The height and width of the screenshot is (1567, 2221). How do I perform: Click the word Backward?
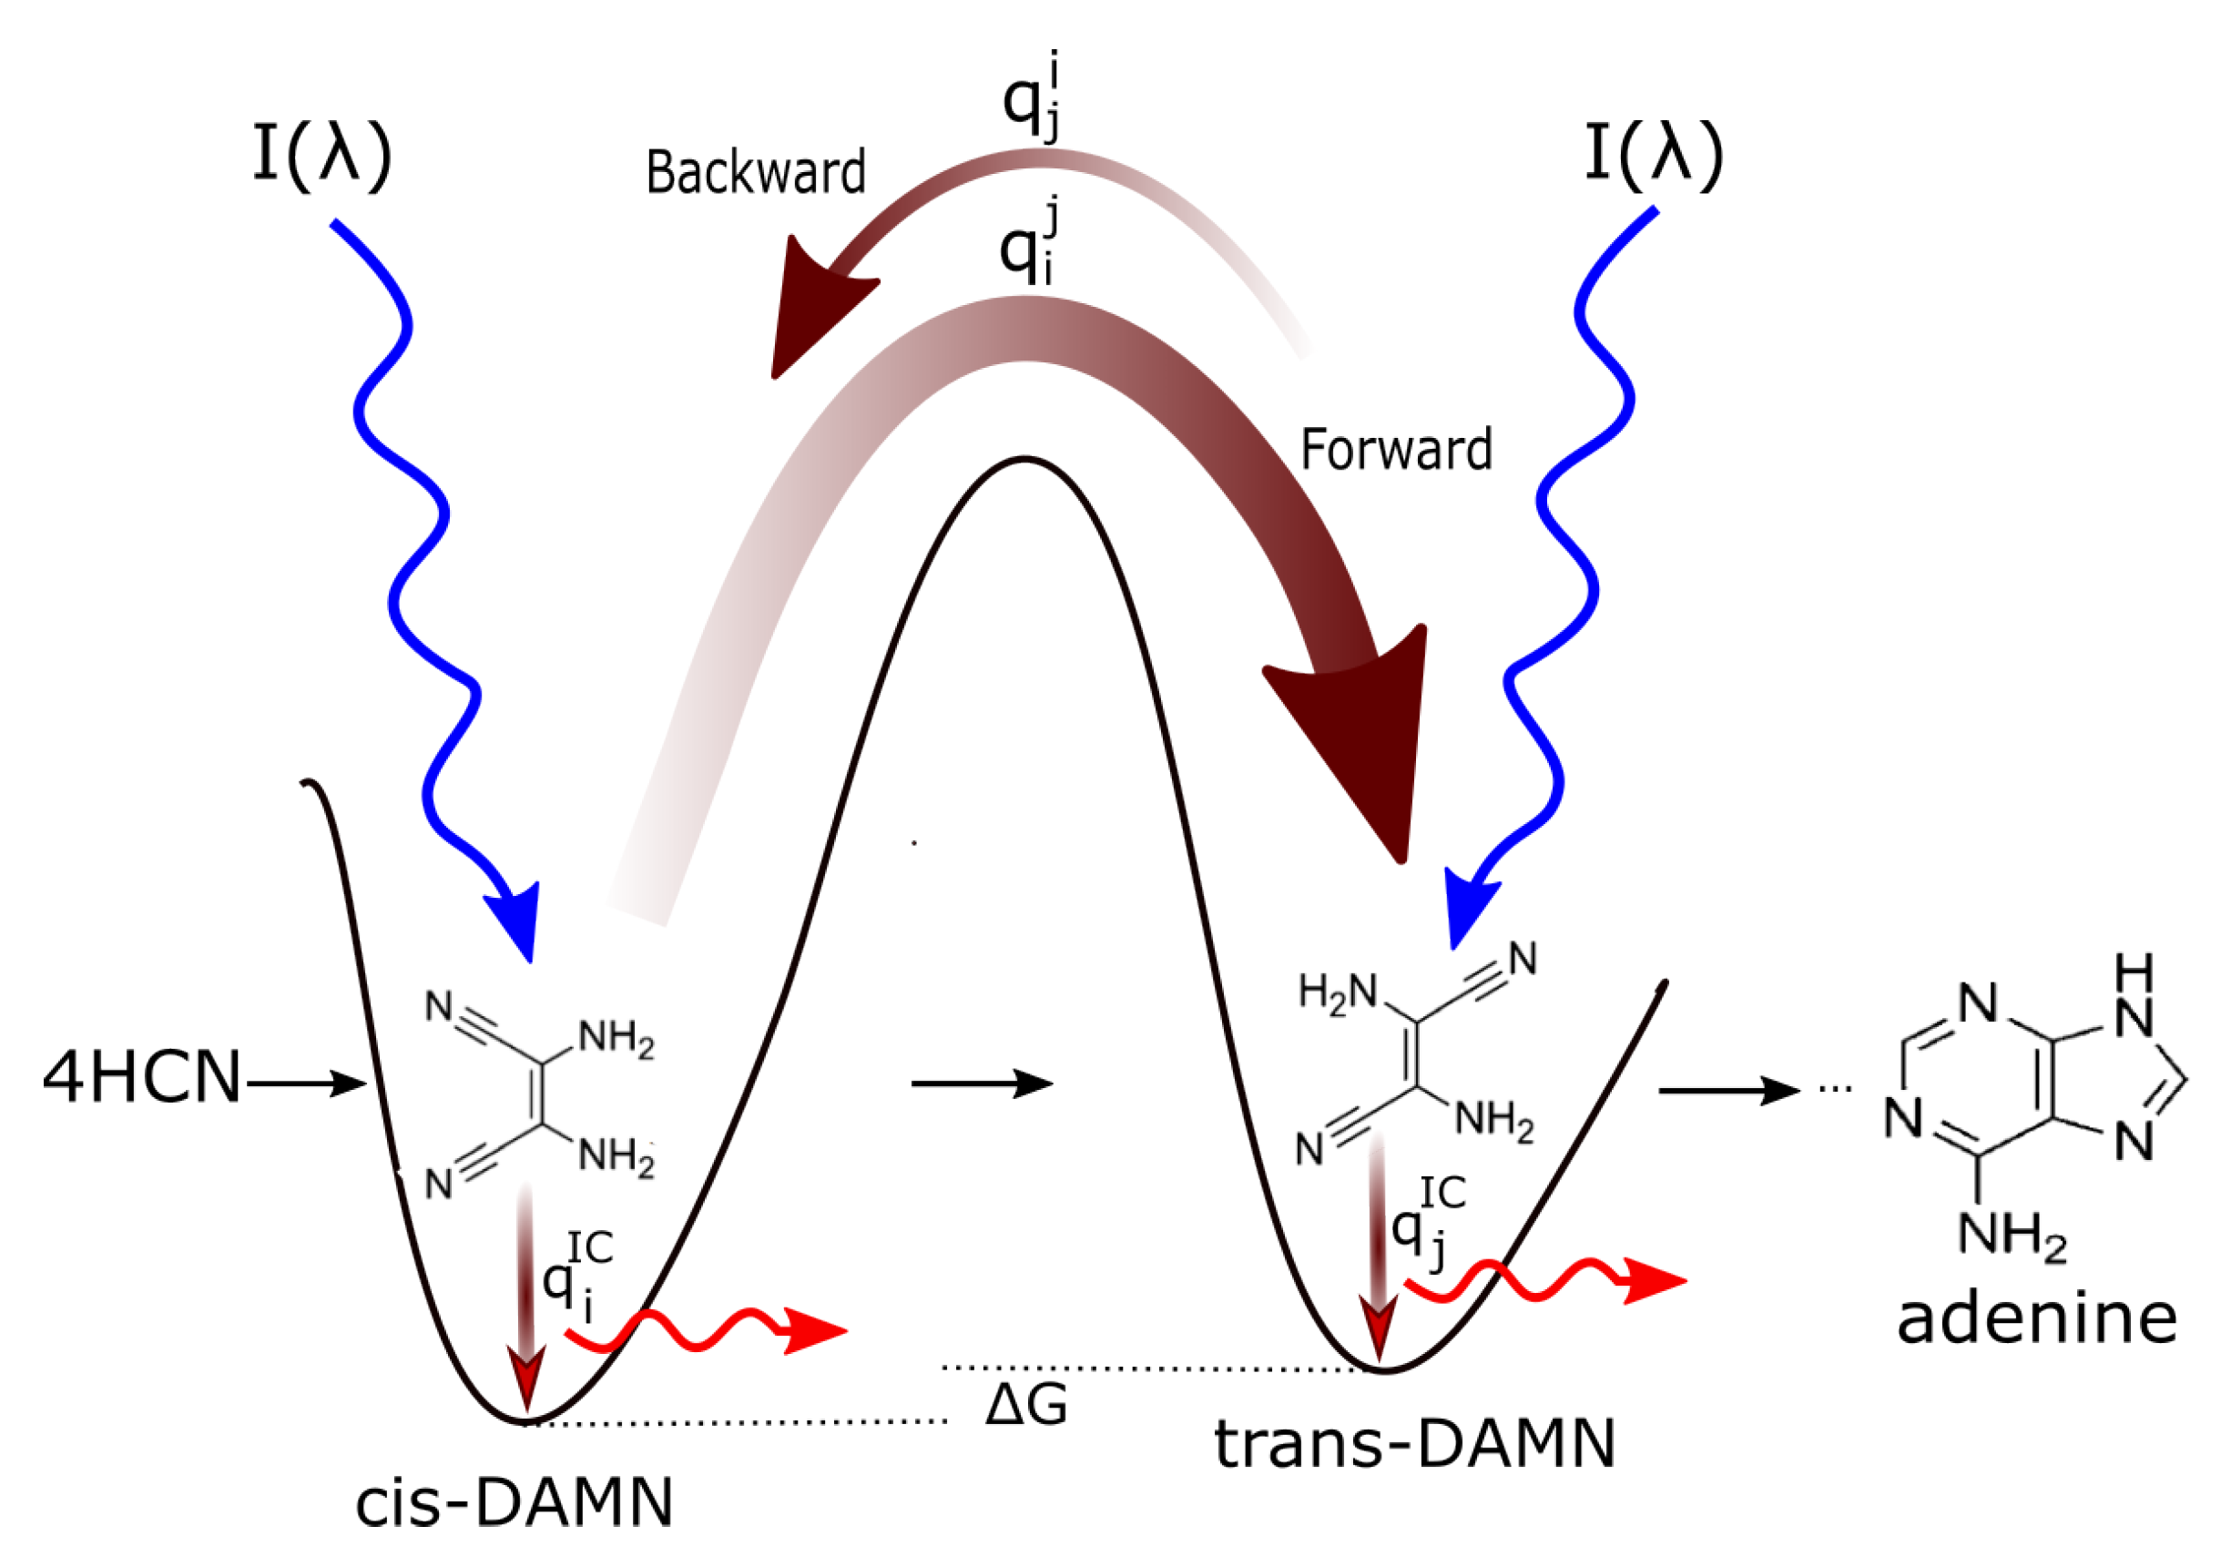pyautogui.click(x=756, y=173)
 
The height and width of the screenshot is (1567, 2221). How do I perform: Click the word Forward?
pyautogui.click(x=1396, y=451)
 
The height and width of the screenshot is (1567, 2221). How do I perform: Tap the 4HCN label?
pyautogui.click(x=141, y=1079)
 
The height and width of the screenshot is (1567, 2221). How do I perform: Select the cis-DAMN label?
pyautogui.click(x=514, y=1503)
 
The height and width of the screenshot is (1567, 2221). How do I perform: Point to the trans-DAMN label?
pyautogui.click(x=1415, y=1444)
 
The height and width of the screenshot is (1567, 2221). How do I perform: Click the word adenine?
pyautogui.click(x=2037, y=1319)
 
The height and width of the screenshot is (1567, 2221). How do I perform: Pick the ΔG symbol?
pyautogui.click(x=1026, y=1406)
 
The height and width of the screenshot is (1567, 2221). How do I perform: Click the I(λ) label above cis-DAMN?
pyautogui.click(x=322, y=155)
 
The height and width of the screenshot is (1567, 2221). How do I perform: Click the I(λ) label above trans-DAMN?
pyautogui.click(x=1656, y=155)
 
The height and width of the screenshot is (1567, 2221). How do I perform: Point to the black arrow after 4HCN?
pyautogui.click(x=306, y=1084)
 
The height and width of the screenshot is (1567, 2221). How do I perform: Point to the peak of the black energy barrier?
pyautogui.click(x=1024, y=461)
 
